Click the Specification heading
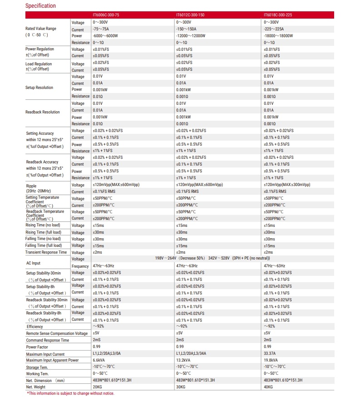(x=40, y=6)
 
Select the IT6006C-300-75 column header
(x=106, y=15)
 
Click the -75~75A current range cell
(x=101, y=29)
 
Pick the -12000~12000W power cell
(x=191, y=36)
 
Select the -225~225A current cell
(x=275, y=29)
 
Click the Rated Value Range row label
(x=41, y=29)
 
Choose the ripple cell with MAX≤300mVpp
(x=287, y=185)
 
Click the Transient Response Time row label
(x=46, y=252)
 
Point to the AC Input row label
(x=33, y=263)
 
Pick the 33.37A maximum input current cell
(x=271, y=353)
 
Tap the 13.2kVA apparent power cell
(x=184, y=360)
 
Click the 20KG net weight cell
(x=97, y=387)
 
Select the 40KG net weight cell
(x=269, y=387)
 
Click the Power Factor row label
(x=38, y=347)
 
